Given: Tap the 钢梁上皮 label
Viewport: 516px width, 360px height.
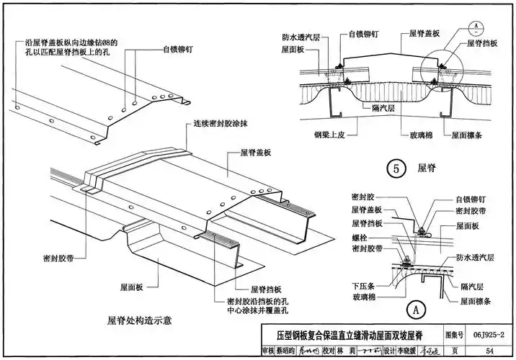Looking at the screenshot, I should click(x=332, y=132).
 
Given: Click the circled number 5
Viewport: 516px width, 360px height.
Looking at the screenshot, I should click(x=395, y=168).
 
